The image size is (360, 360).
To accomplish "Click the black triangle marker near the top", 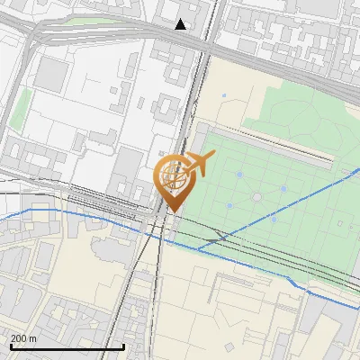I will click(x=181, y=24).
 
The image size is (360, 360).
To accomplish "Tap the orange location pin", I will click(x=175, y=184).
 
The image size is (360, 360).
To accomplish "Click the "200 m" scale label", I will click(x=23, y=337).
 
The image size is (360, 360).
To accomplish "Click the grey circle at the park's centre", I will click(x=256, y=196).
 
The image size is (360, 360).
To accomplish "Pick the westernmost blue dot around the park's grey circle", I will click(x=229, y=206).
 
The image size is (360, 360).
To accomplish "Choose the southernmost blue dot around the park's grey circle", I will click(x=273, y=219).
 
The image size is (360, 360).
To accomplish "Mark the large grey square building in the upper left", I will click(x=52, y=75).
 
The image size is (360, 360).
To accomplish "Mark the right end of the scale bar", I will click(x=123, y=346).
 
